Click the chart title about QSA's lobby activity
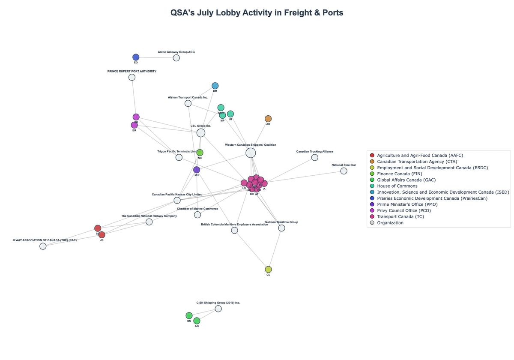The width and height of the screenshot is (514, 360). pos(257,12)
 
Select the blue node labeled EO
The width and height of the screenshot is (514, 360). pos(136,57)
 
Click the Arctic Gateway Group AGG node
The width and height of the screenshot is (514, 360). pos(176,58)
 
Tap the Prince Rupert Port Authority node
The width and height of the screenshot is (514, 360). pos(132,77)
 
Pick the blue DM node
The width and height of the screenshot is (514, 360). pos(215,86)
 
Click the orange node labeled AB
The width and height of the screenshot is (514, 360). pos(268,119)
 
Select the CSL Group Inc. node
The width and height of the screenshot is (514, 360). pos(201,133)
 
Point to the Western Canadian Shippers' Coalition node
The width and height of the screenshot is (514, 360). pos(251,153)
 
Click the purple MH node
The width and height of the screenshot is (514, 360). pos(197,170)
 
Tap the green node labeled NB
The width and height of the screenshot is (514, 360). pos(200,153)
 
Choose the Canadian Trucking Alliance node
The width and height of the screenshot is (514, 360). pos(314,158)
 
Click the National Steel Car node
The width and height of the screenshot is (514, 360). pos(344,171)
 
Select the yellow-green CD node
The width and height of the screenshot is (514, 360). pos(268,270)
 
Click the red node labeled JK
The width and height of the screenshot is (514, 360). pos(102,235)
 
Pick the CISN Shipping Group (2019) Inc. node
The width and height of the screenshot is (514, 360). pos(218,309)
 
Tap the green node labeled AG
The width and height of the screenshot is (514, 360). pos(197,321)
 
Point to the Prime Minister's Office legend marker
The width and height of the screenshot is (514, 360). pos(372,204)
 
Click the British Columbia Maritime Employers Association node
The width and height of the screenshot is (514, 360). pos(234,231)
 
